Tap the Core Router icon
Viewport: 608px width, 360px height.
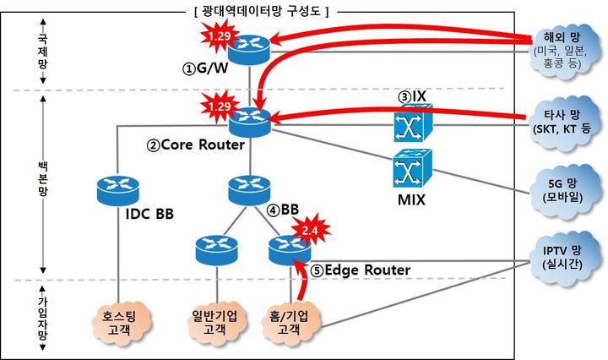click(251, 122)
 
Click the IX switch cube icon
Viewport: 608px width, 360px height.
click(411, 124)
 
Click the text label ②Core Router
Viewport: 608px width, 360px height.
click(196, 145)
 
